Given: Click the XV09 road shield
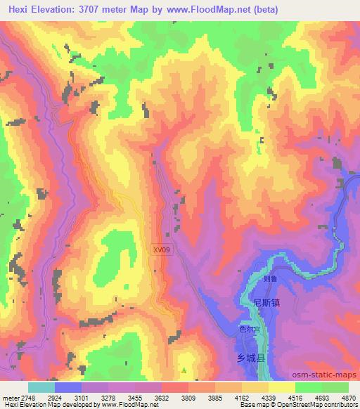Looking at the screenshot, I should pyautogui.click(x=160, y=249).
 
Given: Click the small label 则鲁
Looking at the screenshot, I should pyautogui.click(x=268, y=278).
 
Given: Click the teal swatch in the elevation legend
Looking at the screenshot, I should pyautogui.click(x=41, y=387).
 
